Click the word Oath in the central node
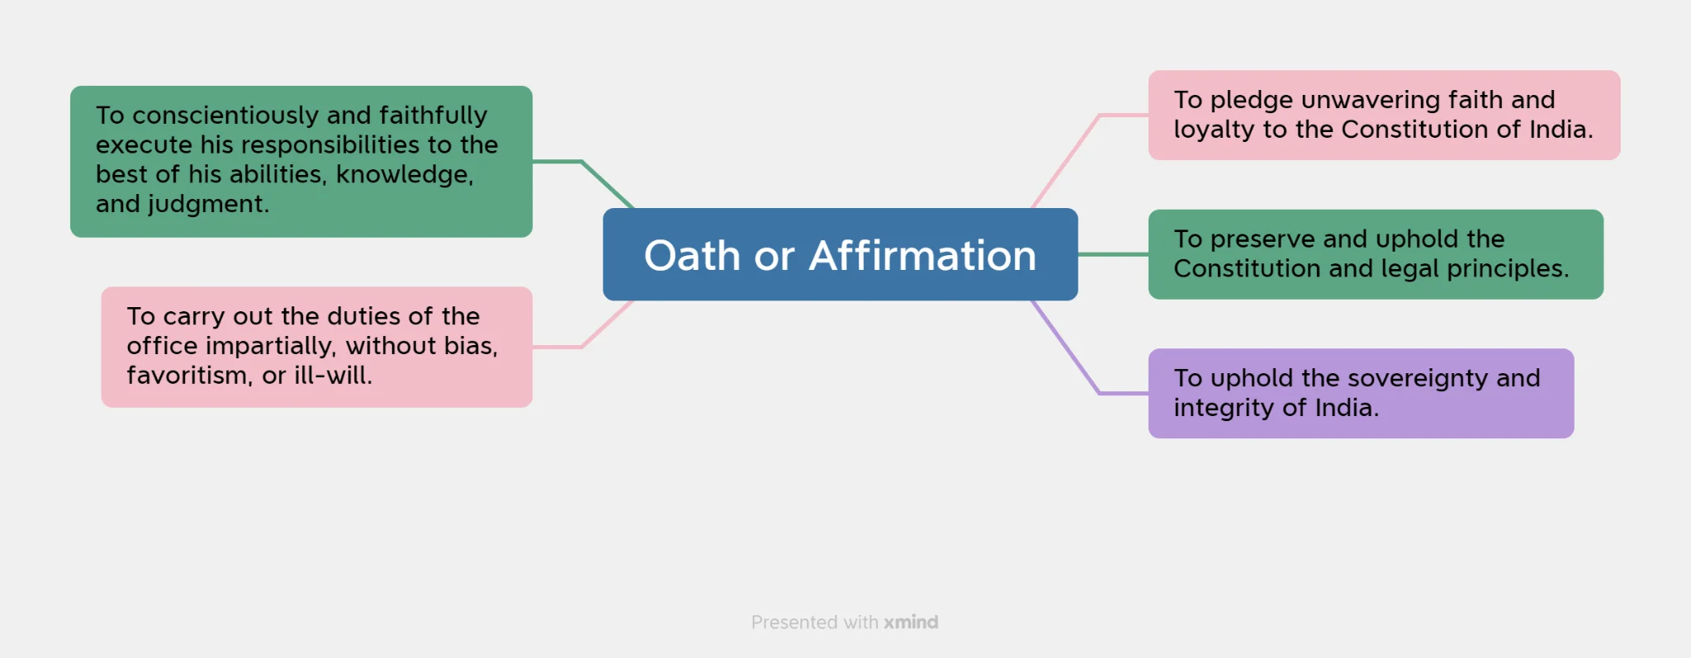(x=692, y=255)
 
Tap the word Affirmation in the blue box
(x=922, y=255)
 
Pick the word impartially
(x=272, y=346)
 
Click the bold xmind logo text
(x=911, y=622)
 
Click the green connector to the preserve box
(x=1113, y=254)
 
